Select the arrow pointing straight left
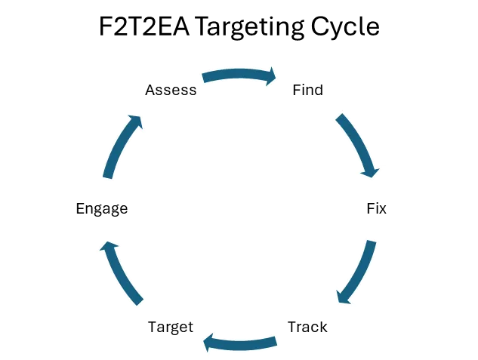[x=240, y=344]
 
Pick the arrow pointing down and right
[x=357, y=146]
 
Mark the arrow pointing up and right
[x=122, y=146]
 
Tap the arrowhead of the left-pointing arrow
[x=211, y=343]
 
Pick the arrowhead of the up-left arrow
[x=107, y=246]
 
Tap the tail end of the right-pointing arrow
[x=204, y=77]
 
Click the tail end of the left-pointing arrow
[x=275, y=343]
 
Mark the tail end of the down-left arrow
[x=370, y=243]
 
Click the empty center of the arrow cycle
[x=239, y=209]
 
